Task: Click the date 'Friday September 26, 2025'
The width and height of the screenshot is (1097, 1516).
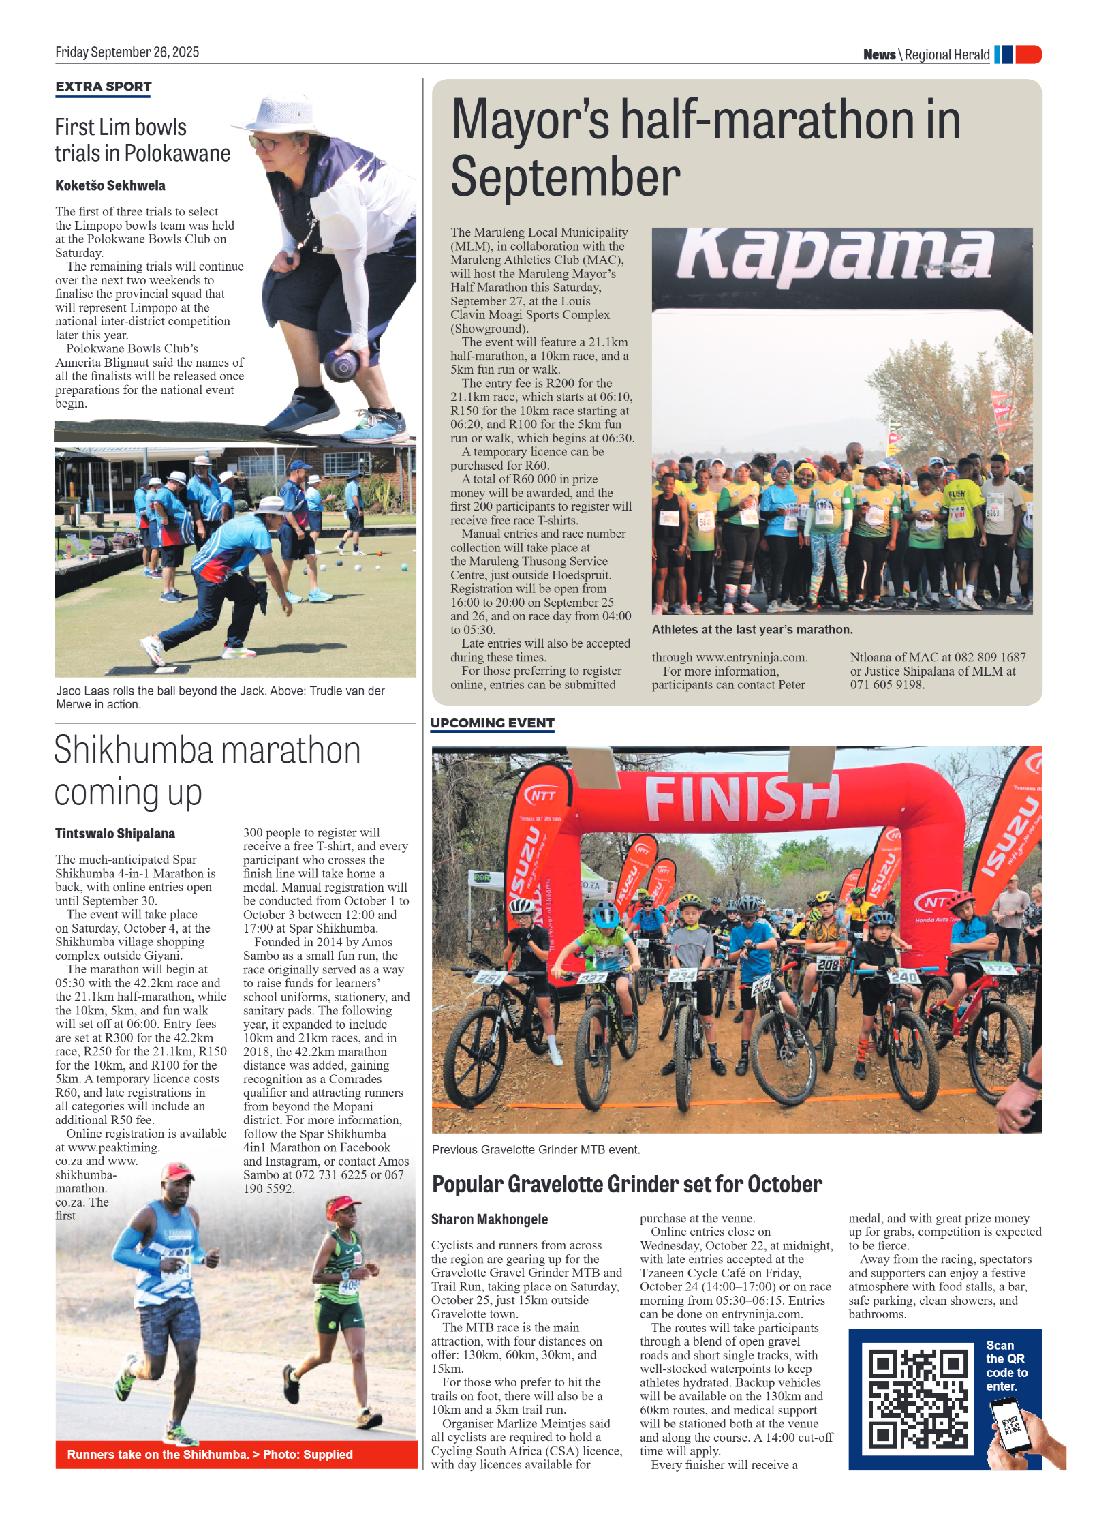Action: click(127, 52)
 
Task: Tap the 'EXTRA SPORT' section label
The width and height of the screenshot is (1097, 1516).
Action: click(104, 87)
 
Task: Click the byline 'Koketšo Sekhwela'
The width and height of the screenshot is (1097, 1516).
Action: click(110, 185)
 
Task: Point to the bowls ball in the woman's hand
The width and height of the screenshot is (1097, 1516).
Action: click(341, 365)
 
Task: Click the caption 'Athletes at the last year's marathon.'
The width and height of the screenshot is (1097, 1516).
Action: click(752, 630)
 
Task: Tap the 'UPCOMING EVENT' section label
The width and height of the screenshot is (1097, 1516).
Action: click(492, 723)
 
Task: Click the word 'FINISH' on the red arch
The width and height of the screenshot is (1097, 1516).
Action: click(742, 798)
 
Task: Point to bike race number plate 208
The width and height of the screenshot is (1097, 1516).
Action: click(828, 965)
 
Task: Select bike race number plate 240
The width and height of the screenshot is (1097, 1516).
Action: click(903, 977)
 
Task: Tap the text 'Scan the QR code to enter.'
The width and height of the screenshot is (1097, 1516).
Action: click(1006, 1365)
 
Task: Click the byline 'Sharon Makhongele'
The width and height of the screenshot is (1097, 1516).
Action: click(489, 1219)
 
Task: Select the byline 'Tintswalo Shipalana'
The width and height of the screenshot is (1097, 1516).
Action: click(115, 834)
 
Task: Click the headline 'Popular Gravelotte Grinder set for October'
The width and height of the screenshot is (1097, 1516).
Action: click(627, 1185)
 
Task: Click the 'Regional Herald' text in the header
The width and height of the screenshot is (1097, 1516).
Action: click(946, 55)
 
